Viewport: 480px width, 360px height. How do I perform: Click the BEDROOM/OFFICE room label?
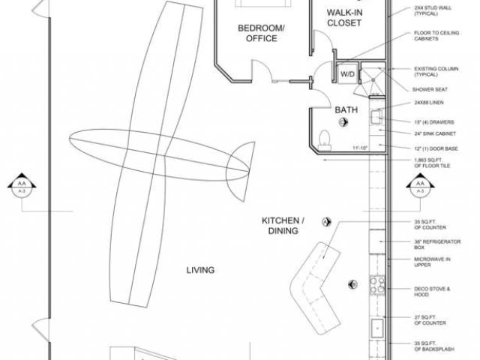262,33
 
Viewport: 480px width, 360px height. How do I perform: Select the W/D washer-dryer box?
348,74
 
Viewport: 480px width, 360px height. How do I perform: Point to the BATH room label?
346,109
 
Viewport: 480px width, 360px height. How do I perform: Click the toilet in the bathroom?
324,136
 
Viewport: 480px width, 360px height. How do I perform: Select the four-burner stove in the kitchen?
377,284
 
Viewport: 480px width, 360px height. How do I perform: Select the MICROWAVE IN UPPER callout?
433,262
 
